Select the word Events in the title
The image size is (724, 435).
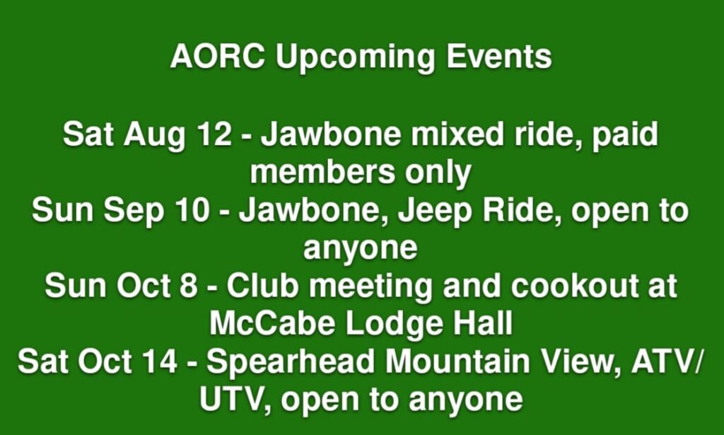(x=498, y=57)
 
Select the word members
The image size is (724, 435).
(x=322, y=173)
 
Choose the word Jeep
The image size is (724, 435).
(x=428, y=212)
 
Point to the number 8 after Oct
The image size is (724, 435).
(x=188, y=285)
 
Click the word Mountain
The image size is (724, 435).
(x=457, y=361)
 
